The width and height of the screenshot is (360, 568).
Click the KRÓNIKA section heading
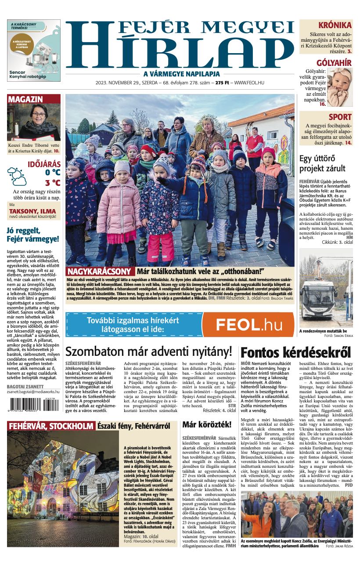tap(335, 25)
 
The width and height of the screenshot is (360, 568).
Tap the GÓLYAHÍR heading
tap(334, 63)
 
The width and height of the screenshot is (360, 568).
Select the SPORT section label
tap(340, 117)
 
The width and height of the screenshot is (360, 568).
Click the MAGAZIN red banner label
tap(25, 99)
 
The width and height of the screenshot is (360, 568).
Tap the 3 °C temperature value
tap(52, 183)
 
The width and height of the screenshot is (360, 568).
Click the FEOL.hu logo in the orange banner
tap(249, 325)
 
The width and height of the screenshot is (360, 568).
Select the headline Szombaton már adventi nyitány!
tap(148, 351)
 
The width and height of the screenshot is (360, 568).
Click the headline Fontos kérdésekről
tap(296, 352)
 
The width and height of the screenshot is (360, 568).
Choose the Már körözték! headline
tap(206, 424)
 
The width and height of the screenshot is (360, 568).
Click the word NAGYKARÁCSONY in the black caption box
tap(99, 271)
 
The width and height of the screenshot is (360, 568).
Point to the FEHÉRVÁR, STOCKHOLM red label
tap(51, 426)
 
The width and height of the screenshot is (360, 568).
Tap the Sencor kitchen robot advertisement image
tap(34, 50)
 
